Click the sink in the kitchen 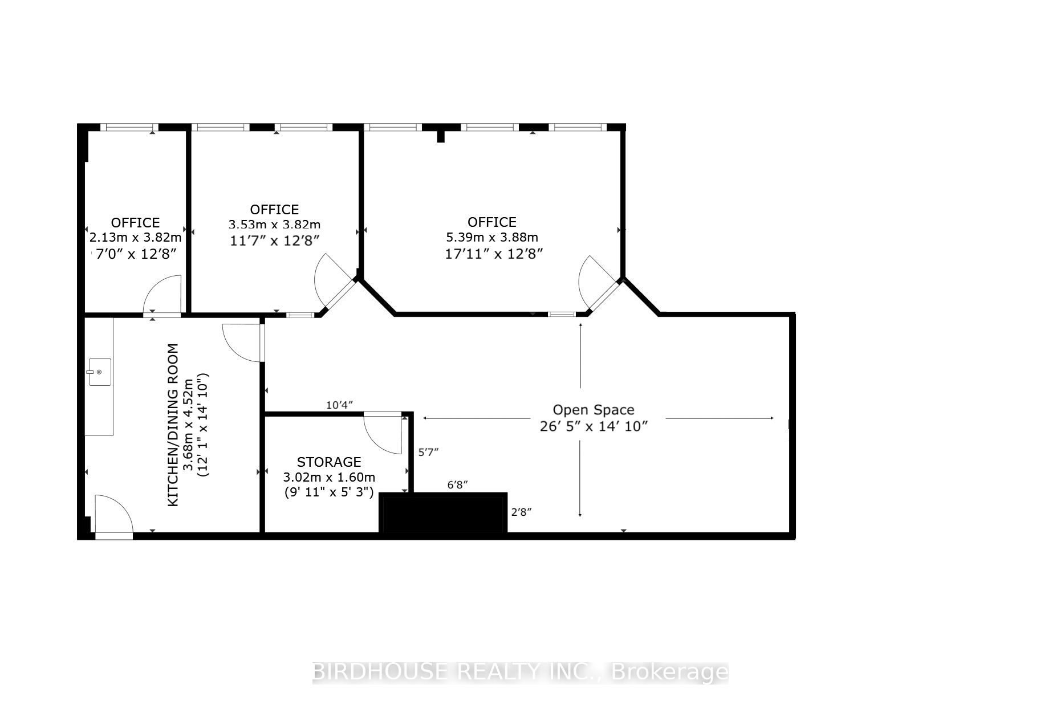pyautogui.click(x=99, y=372)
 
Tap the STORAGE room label pyautogui.click(x=329, y=462)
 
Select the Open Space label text pyautogui.click(x=594, y=410)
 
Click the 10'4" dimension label pyautogui.click(x=339, y=405)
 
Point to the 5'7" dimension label pyautogui.click(x=428, y=452)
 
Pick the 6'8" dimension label pyautogui.click(x=457, y=485)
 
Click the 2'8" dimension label pyautogui.click(x=521, y=512)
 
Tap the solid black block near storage pyautogui.click(x=444, y=512)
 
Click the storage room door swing pyautogui.click(x=383, y=433)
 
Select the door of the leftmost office pyautogui.click(x=162, y=294)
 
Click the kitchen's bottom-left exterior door pyautogui.click(x=113, y=514)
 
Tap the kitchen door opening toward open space pyautogui.click(x=242, y=342)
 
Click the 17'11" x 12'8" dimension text pyautogui.click(x=494, y=253)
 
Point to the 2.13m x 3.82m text pyautogui.click(x=136, y=237)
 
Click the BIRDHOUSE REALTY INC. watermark pyautogui.click(x=520, y=673)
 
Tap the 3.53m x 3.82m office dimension pyautogui.click(x=274, y=225)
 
